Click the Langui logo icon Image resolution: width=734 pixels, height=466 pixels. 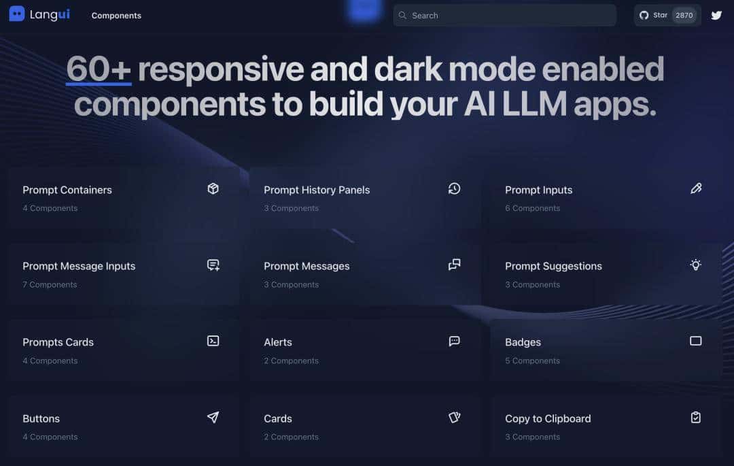point(17,14)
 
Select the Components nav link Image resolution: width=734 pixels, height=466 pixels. point(116,16)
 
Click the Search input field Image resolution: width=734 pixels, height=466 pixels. point(504,15)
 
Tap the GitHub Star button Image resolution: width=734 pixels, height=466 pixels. point(667,15)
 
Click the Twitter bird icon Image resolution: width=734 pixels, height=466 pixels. point(716,15)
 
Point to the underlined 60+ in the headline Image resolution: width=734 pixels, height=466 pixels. point(99,70)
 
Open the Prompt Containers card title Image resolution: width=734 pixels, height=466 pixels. point(67,190)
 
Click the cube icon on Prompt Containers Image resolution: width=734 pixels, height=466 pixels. point(213,188)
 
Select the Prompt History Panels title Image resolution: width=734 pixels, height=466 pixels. point(317,190)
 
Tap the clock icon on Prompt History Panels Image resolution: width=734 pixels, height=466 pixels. point(455,188)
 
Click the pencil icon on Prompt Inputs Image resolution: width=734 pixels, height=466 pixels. point(696,188)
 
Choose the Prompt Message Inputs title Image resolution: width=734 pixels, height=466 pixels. point(79,266)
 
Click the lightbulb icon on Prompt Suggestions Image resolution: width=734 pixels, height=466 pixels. point(696,265)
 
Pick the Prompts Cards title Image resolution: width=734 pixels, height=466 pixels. point(58,342)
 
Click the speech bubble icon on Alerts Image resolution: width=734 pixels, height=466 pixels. point(455,341)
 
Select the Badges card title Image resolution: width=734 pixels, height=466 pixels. point(523,342)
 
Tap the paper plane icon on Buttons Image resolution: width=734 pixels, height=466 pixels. point(213,417)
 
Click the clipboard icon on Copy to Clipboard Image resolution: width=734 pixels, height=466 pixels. point(696,417)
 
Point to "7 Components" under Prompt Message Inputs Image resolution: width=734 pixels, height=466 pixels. point(50,284)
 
